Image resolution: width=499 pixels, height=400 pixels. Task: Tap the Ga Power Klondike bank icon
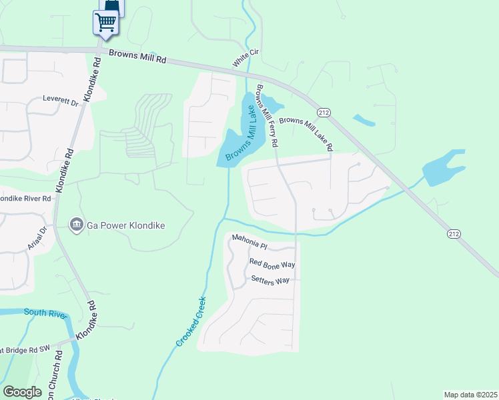77,225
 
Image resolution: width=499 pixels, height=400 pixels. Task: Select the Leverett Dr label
61,101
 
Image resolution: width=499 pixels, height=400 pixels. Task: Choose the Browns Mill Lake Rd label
306,131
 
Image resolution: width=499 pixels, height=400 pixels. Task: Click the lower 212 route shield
453,233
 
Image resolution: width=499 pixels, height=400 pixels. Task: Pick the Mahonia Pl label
249,241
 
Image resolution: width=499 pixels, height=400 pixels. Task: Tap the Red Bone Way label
272,263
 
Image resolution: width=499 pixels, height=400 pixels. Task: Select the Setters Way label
270,280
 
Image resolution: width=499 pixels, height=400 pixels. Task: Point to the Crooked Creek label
191,321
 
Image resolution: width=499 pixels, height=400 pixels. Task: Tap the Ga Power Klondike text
126,225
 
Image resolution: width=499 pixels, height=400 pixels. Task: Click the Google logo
22,392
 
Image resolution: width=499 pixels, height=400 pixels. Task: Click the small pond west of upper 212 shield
364,121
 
